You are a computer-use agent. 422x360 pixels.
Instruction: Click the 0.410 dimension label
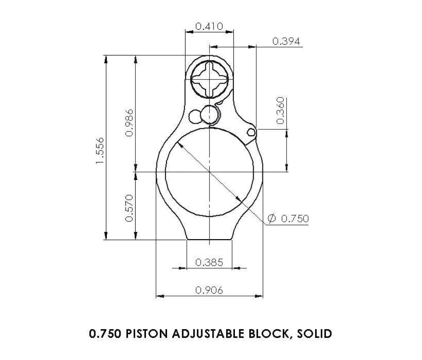(209, 26)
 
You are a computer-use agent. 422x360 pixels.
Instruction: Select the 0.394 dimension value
(286, 42)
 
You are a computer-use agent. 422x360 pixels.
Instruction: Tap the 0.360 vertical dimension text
(280, 110)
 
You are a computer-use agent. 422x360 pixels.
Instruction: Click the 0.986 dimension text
(130, 122)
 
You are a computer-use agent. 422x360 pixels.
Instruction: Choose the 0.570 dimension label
(130, 208)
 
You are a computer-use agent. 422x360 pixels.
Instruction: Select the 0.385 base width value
(209, 262)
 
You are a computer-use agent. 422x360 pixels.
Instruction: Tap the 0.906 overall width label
(209, 290)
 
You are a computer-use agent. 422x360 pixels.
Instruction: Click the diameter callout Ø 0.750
(288, 219)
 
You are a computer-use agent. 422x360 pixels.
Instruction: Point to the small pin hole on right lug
(251, 132)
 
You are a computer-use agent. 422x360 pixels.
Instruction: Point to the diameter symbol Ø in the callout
(271, 219)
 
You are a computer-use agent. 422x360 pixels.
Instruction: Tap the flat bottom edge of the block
(209, 240)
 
